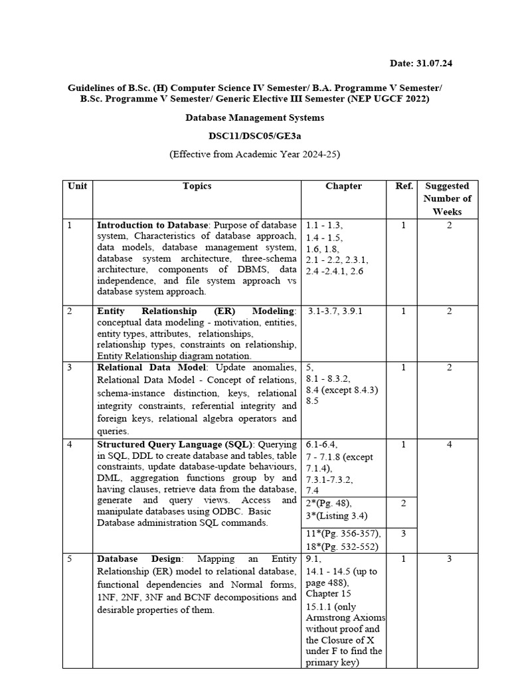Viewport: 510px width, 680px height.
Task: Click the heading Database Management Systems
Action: click(254, 118)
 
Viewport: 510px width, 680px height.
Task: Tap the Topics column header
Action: click(197, 187)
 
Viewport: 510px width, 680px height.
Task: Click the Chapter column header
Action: click(343, 187)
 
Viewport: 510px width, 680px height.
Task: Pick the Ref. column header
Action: click(404, 187)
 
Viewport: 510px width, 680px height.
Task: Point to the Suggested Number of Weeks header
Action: click(447, 199)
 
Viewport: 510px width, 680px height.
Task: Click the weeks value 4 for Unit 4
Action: click(449, 444)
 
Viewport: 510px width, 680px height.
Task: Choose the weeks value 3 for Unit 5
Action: click(449, 559)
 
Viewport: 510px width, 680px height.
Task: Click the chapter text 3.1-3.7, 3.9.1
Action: click(339, 311)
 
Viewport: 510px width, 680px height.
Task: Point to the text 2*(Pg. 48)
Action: click(329, 503)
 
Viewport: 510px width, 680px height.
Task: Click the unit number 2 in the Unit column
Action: click(70, 311)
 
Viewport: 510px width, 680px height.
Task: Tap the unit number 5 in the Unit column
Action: click(70, 559)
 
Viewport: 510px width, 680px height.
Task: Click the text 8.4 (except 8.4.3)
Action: click(341, 390)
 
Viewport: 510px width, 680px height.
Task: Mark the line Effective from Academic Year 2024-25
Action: click(254, 154)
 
